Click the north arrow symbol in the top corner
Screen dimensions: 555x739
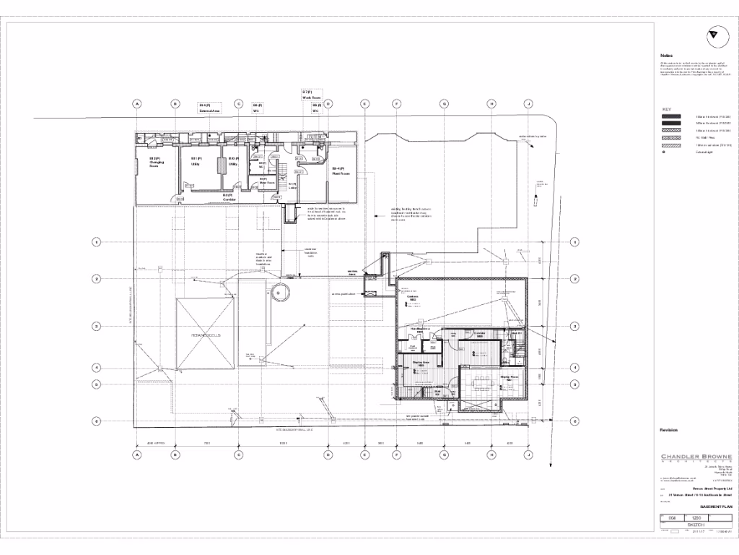coord(713,33)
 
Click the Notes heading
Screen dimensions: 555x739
coord(666,56)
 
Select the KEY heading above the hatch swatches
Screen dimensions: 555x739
coord(667,108)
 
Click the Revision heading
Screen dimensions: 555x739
coord(669,430)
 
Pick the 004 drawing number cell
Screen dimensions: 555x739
coord(671,518)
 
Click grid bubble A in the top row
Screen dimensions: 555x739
coord(136,104)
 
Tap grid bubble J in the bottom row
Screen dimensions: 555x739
coord(528,455)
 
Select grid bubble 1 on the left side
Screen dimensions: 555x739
coord(95,241)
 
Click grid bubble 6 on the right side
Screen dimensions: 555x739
coord(574,421)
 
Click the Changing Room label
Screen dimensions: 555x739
coord(157,162)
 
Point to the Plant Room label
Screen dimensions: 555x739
coord(341,172)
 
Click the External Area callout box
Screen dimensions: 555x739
coord(210,108)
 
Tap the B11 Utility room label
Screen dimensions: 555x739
coord(195,161)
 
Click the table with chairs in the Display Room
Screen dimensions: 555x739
coord(479,384)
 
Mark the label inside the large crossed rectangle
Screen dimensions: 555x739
coord(205,336)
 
